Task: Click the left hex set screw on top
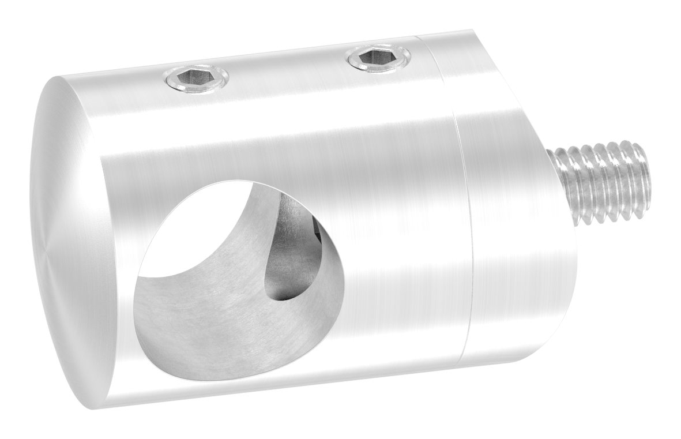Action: pos(195,77)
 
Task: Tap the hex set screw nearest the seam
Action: pos(379,58)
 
